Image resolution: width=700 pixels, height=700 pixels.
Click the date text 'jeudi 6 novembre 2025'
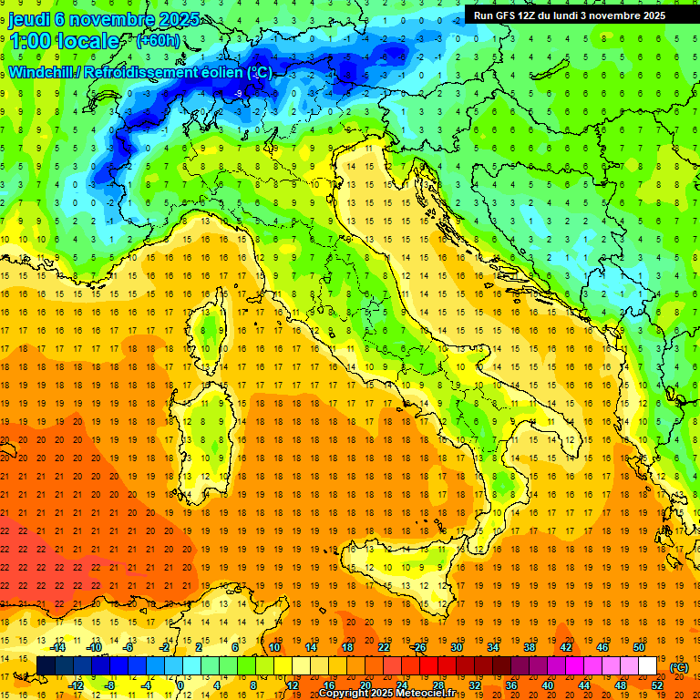click(x=94, y=18)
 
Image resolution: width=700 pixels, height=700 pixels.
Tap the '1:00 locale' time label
click(x=64, y=41)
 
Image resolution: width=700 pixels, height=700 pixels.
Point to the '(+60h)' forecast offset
click(x=158, y=41)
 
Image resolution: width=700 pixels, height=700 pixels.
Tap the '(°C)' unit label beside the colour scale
click(x=679, y=666)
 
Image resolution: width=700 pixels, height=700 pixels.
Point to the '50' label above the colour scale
click(x=638, y=647)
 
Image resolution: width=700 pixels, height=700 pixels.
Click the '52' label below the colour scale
click(x=657, y=685)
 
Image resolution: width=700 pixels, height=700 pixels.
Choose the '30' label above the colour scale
click(x=456, y=647)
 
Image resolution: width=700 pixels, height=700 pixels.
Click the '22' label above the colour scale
click(x=383, y=647)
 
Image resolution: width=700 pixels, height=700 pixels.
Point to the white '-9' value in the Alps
click(x=237, y=93)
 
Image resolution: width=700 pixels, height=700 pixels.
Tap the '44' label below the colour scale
click(x=583, y=685)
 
